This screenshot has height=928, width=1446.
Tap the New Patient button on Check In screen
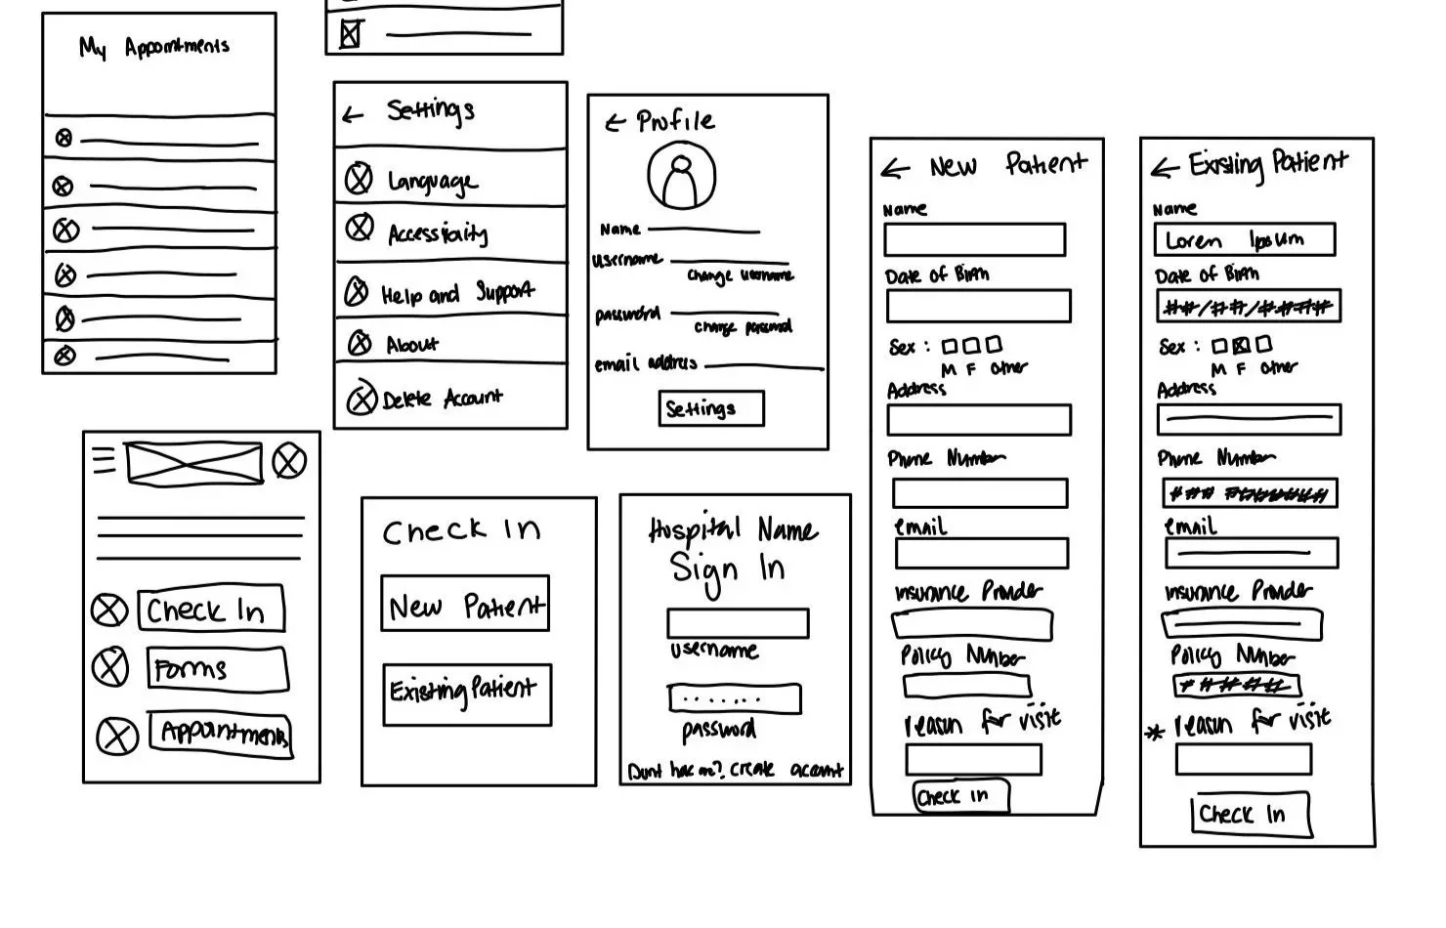click(465, 605)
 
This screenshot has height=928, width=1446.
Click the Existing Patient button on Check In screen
click(467, 695)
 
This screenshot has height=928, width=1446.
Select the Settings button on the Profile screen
click(710, 408)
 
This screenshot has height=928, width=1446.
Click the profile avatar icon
click(681, 177)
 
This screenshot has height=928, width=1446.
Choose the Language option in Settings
click(432, 181)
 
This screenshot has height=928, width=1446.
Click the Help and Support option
click(456, 292)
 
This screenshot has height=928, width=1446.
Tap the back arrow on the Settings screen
click(353, 115)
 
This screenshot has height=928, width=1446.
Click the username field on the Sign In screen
click(738, 623)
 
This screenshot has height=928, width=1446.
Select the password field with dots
click(734, 698)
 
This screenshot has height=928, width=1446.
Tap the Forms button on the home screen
click(217, 670)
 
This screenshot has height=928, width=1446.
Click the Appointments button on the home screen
click(221, 733)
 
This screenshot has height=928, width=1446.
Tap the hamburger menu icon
click(104, 458)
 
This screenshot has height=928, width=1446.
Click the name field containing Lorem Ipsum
click(1244, 239)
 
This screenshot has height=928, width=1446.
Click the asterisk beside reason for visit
click(1155, 732)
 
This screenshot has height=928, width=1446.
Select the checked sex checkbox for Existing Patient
click(1241, 345)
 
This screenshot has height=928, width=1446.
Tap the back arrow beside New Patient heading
click(895, 169)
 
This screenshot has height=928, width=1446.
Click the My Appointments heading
click(154, 47)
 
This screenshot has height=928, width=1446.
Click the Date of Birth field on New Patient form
click(978, 306)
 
